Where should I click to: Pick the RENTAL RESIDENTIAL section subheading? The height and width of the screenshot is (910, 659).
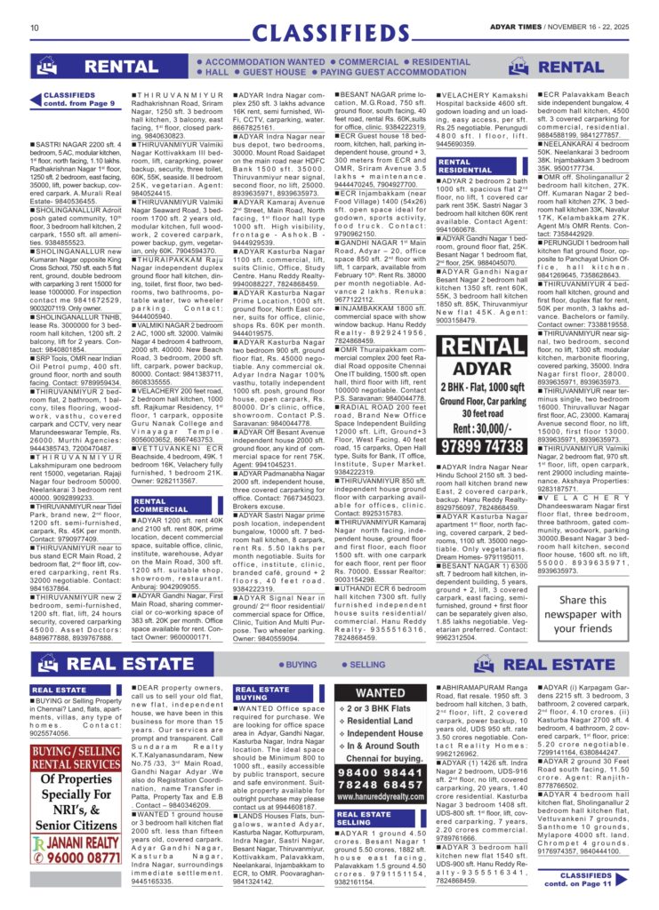coord(467,166)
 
